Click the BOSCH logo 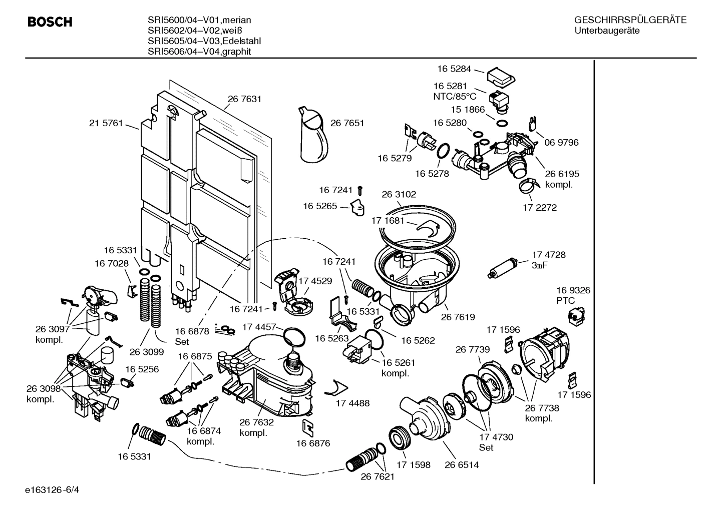click(50, 22)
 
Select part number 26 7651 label click(347, 123)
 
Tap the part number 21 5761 click(106, 123)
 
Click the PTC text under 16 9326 click(566, 301)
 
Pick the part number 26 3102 click(399, 194)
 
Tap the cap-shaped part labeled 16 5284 click(501, 77)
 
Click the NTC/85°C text click(455, 96)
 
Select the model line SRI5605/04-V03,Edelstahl click(204, 41)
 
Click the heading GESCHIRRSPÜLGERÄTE click(630, 21)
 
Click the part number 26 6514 click(462, 465)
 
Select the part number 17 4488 click(352, 403)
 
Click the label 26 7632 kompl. click(256, 428)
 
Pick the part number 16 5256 click(142, 369)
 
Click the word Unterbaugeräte click(607, 31)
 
